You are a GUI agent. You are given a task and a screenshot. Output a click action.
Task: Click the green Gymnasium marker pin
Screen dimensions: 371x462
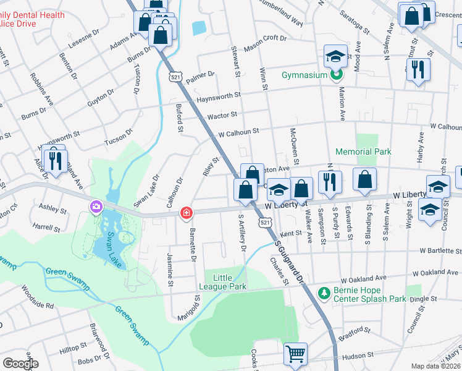click(336, 75)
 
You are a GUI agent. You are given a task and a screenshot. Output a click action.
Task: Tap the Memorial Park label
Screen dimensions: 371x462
click(363, 151)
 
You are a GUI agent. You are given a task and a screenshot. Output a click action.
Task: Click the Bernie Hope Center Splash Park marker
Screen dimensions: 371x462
click(322, 292)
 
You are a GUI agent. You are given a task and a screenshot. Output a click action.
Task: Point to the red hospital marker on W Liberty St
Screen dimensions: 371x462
click(185, 213)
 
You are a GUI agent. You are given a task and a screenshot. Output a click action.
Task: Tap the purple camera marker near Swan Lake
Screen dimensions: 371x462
click(96, 207)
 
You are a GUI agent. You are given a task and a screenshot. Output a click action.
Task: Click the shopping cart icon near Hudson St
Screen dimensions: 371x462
click(295, 354)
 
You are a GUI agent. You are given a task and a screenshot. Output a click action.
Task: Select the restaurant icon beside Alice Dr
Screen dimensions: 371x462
click(56, 161)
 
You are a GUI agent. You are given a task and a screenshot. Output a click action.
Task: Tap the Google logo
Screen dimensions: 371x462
click(20, 364)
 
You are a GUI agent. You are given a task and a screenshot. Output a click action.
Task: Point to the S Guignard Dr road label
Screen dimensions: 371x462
click(290, 262)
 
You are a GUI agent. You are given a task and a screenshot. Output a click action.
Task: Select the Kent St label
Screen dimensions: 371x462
click(289, 234)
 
